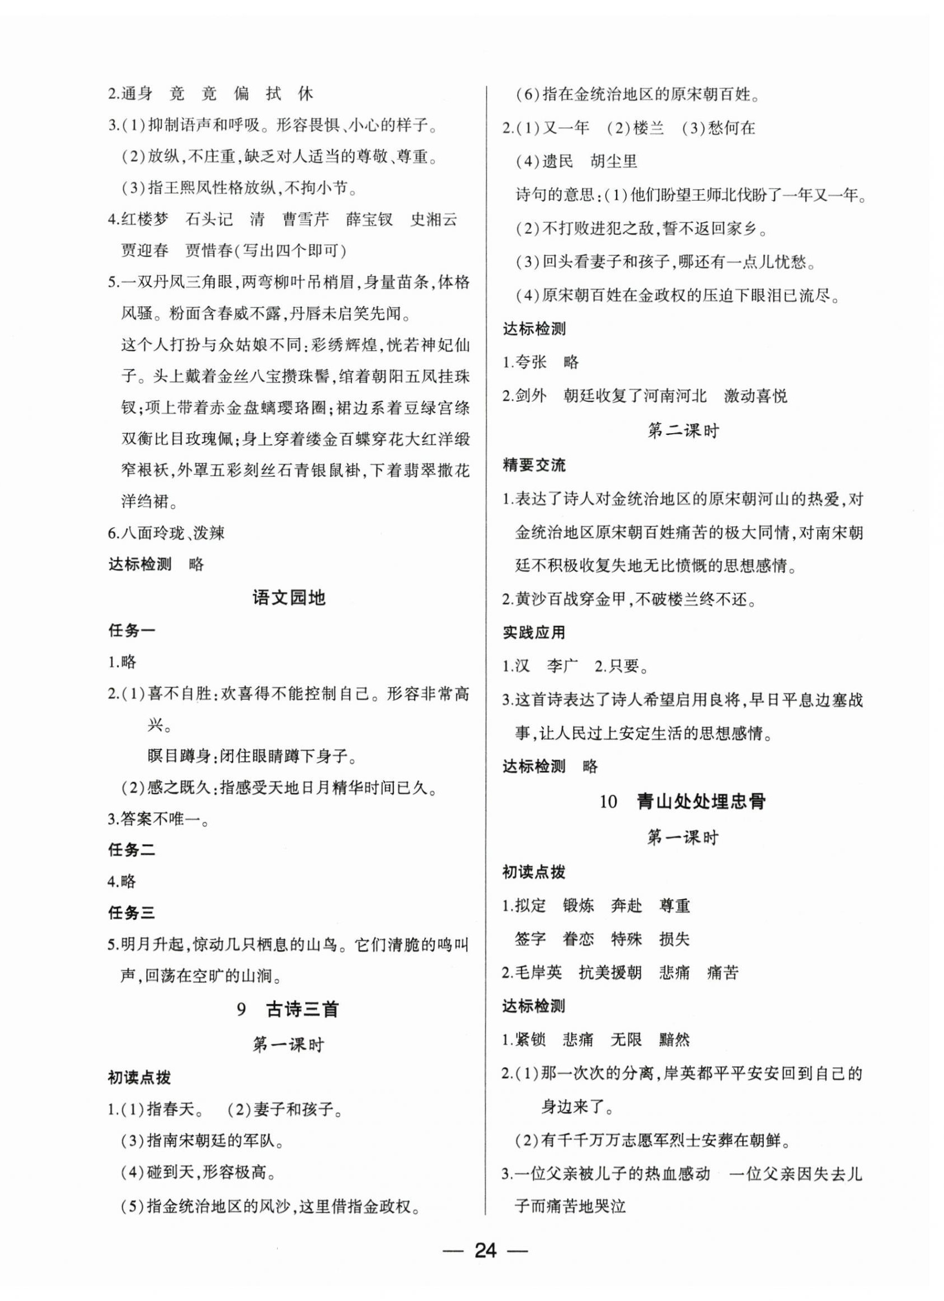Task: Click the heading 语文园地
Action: pos(289,598)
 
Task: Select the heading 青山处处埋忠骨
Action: pos(701,802)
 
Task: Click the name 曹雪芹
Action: pos(306,220)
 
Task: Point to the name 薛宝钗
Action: pos(369,220)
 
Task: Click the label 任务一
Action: pos(131,631)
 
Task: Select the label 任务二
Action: pos(131,849)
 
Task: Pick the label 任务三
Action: pos(131,913)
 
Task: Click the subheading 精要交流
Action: pos(534,465)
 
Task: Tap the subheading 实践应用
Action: pos(534,633)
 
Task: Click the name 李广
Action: pos(562,666)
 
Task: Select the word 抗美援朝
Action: pos(610,972)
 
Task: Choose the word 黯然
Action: pos(674,1039)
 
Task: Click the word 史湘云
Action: pos(434,220)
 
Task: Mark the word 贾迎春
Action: pos(145,251)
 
